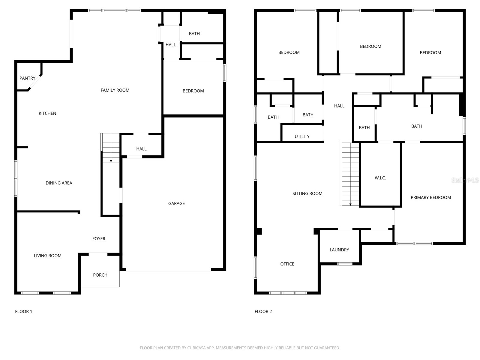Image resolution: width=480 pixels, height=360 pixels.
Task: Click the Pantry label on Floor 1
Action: coord(27,78)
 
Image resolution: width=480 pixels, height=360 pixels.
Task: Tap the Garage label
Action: coord(176,203)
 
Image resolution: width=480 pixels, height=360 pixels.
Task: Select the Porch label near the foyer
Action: coord(100,275)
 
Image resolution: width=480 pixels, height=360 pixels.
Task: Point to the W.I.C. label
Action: coord(380,178)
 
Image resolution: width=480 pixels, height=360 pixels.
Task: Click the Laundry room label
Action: coord(339,250)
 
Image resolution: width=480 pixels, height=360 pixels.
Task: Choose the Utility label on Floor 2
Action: coord(302,136)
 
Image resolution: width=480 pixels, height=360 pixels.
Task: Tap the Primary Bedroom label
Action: coord(430,197)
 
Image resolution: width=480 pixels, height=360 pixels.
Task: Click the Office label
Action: coord(287,264)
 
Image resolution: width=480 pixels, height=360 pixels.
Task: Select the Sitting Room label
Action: coord(307,193)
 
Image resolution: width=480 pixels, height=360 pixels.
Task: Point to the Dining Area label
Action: coord(59,183)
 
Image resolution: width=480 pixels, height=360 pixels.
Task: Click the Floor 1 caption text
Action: coord(23,311)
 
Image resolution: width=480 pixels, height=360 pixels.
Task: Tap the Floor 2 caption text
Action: coord(263,311)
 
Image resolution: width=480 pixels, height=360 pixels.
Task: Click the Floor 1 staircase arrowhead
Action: coord(111,161)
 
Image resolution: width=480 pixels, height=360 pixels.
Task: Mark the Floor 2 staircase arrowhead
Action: coord(350,205)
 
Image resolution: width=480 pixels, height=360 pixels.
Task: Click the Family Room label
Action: coord(115,90)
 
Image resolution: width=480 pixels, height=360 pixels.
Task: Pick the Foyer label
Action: coord(99,238)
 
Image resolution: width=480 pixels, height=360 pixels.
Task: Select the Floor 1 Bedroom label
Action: coord(193,91)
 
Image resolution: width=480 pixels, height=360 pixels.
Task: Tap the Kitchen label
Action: coord(47,113)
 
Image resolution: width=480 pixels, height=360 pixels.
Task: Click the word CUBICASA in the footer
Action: coord(199,348)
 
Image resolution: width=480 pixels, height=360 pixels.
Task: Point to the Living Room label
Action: coord(47,256)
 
